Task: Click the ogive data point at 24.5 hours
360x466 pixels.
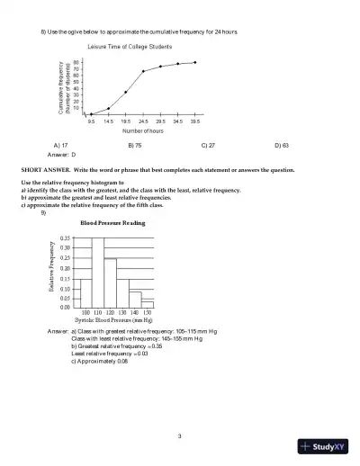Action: [143, 71]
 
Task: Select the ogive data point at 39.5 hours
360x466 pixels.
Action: [195, 63]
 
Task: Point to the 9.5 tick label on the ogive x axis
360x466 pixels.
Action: [91, 120]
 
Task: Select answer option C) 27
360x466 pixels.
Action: [207, 144]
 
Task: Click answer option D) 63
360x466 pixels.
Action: [281, 144]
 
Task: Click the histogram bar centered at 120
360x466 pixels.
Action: [110, 282]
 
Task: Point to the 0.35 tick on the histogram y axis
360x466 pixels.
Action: [64, 237]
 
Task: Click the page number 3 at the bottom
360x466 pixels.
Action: [180, 436]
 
